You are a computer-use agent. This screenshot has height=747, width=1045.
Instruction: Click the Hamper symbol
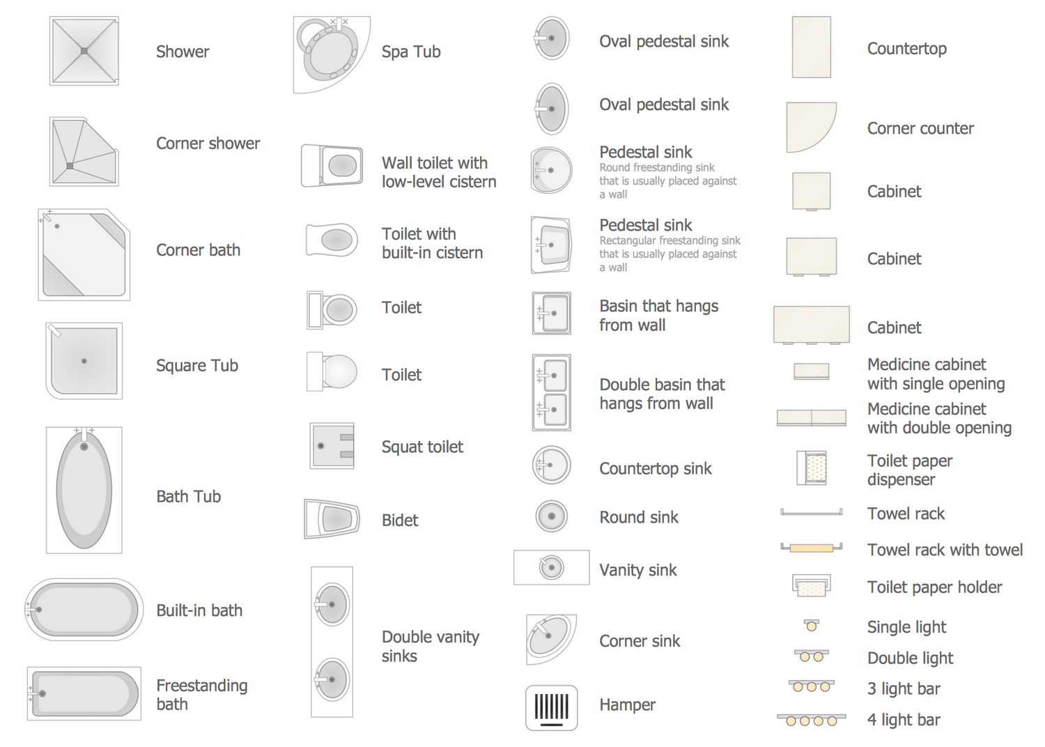[x=551, y=707]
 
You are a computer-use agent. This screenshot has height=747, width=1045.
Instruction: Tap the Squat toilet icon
[x=332, y=445]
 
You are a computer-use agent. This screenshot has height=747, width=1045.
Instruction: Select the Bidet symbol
[x=332, y=519]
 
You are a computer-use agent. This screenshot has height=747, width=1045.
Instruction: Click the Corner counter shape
[x=811, y=127]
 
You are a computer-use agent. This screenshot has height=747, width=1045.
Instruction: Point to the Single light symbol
[x=812, y=625]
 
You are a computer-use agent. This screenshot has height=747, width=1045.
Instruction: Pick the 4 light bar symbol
[x=812, y=720]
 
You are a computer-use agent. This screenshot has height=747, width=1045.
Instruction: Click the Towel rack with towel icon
[x=812, y=548]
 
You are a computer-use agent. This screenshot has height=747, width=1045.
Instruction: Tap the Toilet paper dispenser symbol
[x=812, y=468]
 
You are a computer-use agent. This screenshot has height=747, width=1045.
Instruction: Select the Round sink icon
[x=551, y=516]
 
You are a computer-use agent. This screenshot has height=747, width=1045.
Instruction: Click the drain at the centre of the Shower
[x=84, y=51]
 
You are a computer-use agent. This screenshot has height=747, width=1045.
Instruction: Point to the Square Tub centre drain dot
[x=84, y=361]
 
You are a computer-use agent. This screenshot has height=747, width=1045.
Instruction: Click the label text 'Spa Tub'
[x=411, y=52]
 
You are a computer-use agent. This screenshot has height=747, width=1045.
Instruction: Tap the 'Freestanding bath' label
[x=202, y=695]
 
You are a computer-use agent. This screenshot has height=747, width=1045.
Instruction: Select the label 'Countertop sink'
[x=656, y=468]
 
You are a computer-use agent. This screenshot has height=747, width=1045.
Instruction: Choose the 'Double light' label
[x=910, y=658]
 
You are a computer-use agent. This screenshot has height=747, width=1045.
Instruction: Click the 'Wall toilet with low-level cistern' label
[x=439, y=172]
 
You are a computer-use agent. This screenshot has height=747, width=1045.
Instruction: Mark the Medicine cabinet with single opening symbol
[x=812, y=371]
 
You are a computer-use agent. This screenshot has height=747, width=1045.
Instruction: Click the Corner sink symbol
[x=550, y=638]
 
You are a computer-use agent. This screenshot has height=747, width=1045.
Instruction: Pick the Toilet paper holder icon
[x=812, y=585]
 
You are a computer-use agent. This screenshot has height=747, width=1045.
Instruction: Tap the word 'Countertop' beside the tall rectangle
[x=907, y=49]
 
